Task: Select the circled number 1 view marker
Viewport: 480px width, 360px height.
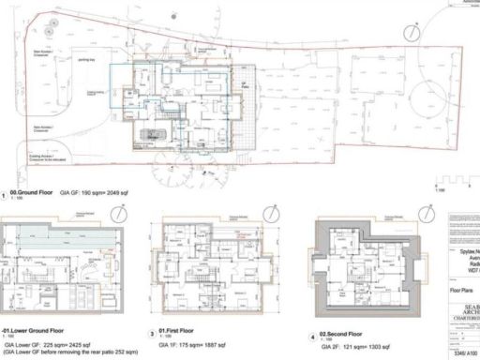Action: pyautogui.click(x=7, y=192)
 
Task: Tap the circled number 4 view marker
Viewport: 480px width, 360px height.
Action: pyautogui.click(x=313, y=336)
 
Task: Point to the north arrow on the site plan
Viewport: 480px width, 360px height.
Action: pyautogui.click(x=409, y=32)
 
